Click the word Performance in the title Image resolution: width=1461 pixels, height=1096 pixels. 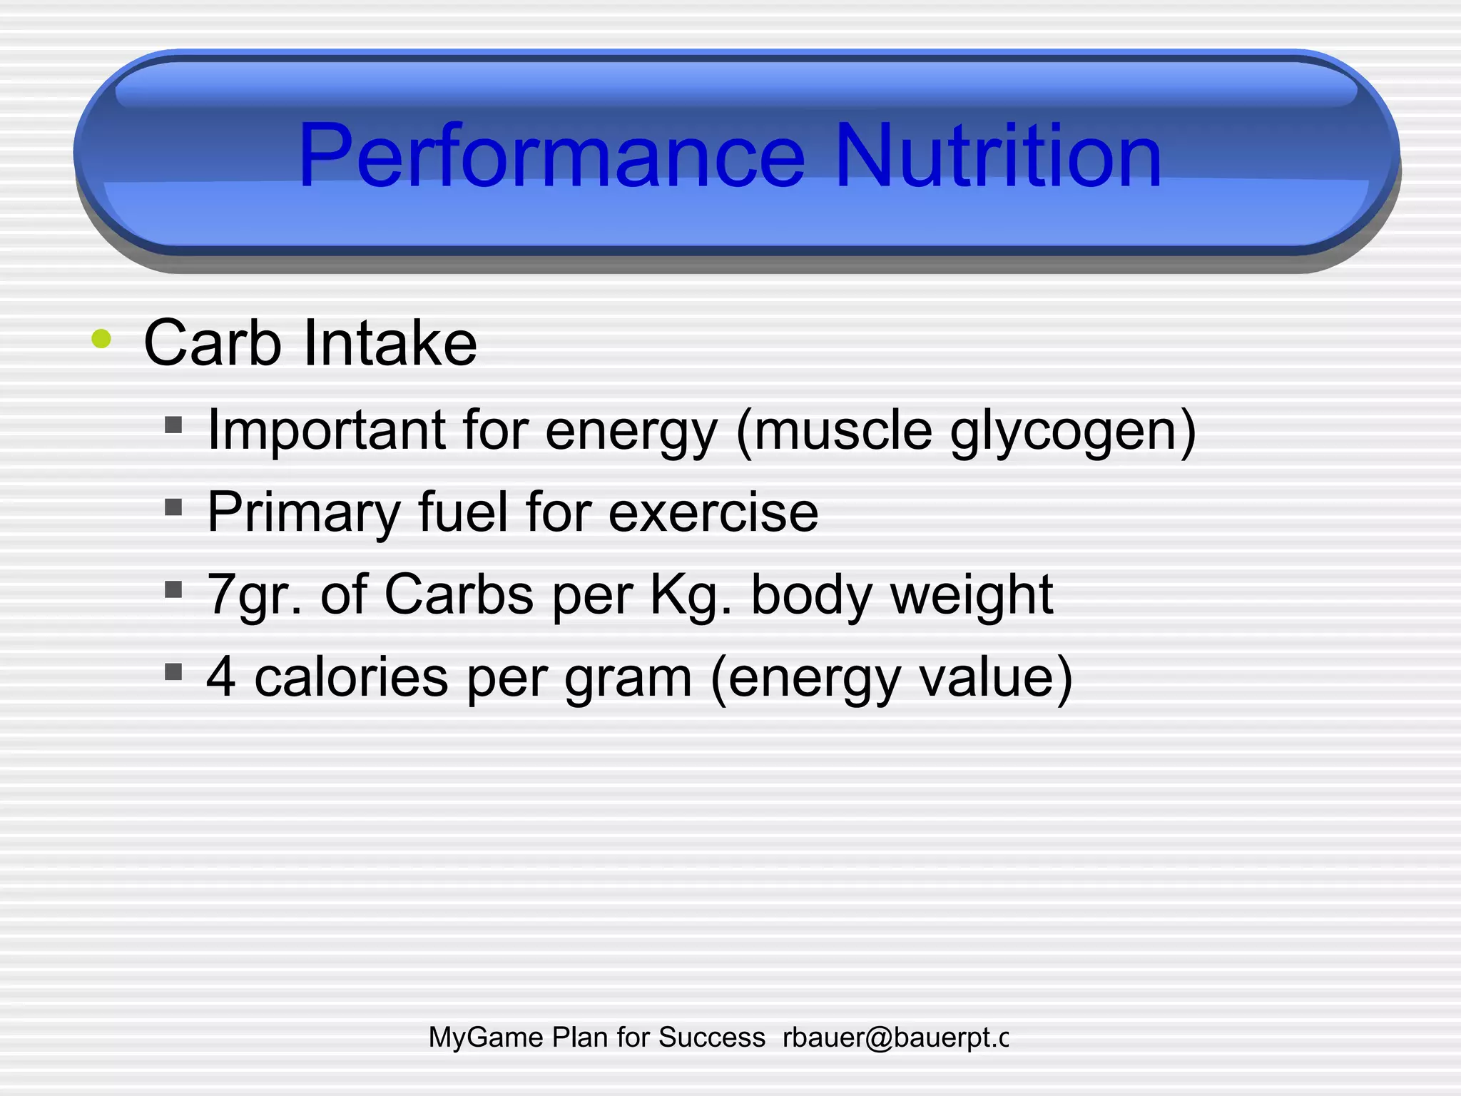(x=551, y=156)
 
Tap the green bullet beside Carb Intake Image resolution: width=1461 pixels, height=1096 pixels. (x=101, y=339)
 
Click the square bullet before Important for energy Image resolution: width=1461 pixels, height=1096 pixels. (x=173, y=425)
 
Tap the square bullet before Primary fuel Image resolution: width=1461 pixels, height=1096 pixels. (x=173, y=507)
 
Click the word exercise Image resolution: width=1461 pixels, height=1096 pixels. (x=713, y=512)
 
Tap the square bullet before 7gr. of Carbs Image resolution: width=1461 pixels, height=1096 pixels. (x=173, y=589)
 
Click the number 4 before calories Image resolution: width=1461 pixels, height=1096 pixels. (x=221, y=676)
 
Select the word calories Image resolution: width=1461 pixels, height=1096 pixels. (x=351, y=676)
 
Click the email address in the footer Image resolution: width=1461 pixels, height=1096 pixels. (x=895, y=1037)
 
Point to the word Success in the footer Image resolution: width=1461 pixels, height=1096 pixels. (x=711, y=1037)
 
